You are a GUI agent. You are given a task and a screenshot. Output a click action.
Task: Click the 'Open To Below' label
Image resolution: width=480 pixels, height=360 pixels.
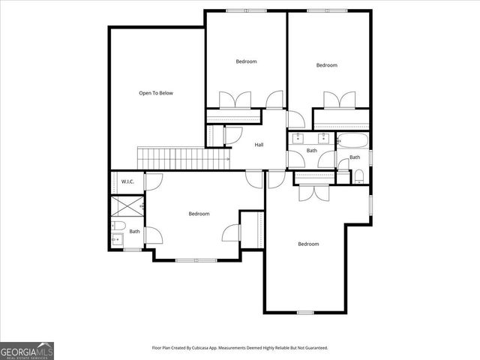click(156, 93)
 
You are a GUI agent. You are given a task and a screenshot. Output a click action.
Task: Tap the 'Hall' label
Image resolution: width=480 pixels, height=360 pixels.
click(259, 145)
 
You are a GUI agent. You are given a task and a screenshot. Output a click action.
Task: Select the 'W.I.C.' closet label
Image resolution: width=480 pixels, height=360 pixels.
click(127, 181)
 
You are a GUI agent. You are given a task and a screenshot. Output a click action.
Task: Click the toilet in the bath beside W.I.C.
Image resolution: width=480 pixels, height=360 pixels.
click(118, 226)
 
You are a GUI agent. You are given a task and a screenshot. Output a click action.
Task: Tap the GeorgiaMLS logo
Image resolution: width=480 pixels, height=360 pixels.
click(27, 350)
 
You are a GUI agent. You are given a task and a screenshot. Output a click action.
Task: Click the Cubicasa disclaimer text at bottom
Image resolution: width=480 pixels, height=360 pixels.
click(240, 348)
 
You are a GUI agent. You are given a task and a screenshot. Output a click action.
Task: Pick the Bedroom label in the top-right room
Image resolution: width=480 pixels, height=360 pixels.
click(326, 65)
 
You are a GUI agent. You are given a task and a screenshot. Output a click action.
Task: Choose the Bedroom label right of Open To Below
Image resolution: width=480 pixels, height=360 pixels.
click(246, 61)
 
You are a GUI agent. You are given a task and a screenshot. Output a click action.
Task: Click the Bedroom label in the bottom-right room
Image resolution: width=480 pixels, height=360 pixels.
click(308, 244)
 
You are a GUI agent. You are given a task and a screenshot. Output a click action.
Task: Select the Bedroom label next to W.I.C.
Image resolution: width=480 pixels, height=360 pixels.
click(199, 214)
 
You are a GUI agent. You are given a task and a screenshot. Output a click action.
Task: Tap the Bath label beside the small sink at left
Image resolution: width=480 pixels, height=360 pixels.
click(134, 231)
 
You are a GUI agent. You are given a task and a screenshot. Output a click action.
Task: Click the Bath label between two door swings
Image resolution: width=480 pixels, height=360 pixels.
click(312, 151)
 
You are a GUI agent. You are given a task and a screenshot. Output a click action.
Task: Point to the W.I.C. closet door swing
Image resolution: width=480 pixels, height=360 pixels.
click(152, 181)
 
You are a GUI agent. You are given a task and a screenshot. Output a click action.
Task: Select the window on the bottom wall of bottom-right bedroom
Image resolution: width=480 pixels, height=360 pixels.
click(304, 312)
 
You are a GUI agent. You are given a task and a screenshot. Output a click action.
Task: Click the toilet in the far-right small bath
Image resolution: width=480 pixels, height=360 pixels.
click(359, 176)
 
